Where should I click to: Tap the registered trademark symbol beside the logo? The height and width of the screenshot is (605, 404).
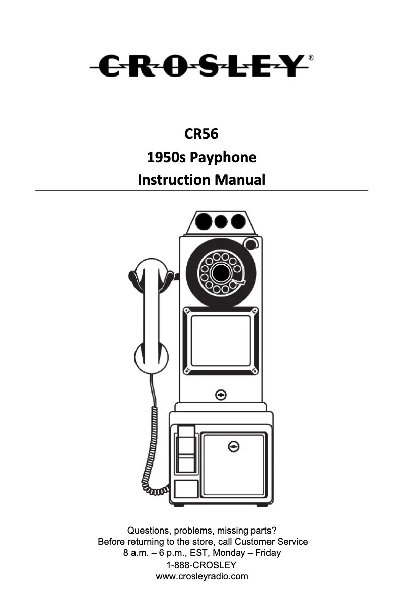click(311, 58)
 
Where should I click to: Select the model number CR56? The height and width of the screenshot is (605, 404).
click(201, 134)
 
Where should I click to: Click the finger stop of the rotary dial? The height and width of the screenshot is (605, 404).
click(241, 283)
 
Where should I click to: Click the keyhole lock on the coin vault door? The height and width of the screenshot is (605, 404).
click(233, 447)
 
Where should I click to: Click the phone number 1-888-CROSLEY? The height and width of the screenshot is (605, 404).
click(201, 565)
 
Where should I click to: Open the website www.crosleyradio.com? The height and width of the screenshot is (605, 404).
click(202, 576)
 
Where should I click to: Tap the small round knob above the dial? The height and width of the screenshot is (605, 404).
click(250, 244)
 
